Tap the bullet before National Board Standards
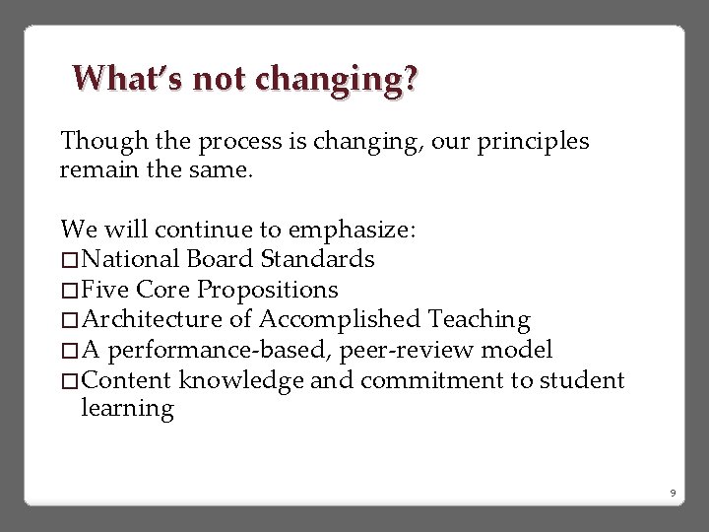click(x=70, y=260)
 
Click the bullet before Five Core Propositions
click(x=70, y=291)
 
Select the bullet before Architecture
click(x=70, y=320)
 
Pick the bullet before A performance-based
click(x=70, y=351)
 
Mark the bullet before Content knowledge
click(x=70, y=380)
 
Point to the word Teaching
click(x=480, y=320)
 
